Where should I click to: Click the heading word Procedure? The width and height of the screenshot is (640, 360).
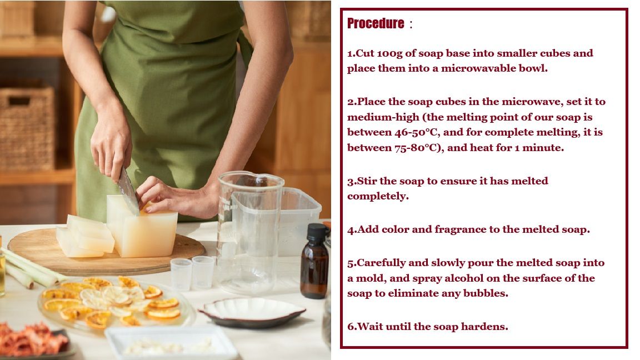pyautogui.click(x=376, y=23)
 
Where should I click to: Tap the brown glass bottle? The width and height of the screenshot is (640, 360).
pyautogui.click(x=314, y=261)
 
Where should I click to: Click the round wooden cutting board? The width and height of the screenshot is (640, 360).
pyautogui.click(x=106, y=251)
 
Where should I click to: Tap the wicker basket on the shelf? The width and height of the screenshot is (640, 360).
pyautogui.click(x=27, y=128)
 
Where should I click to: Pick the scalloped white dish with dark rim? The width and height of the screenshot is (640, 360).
pyautogui.click(x=252, y=312)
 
